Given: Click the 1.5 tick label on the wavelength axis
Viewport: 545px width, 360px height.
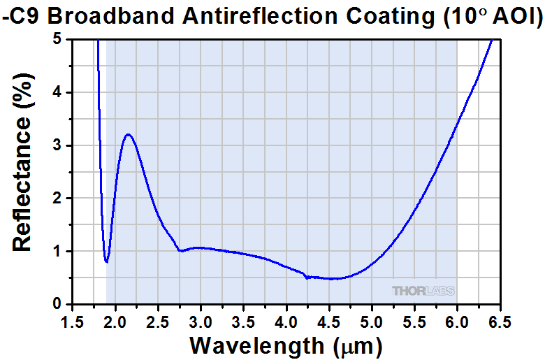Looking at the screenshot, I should click(72, 322).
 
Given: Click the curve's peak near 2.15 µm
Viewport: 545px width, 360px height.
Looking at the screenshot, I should click(128, 135).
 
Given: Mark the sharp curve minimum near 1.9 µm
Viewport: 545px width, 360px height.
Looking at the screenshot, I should click(106, 262).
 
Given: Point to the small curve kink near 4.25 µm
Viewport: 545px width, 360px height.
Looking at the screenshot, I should click(307, 277).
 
